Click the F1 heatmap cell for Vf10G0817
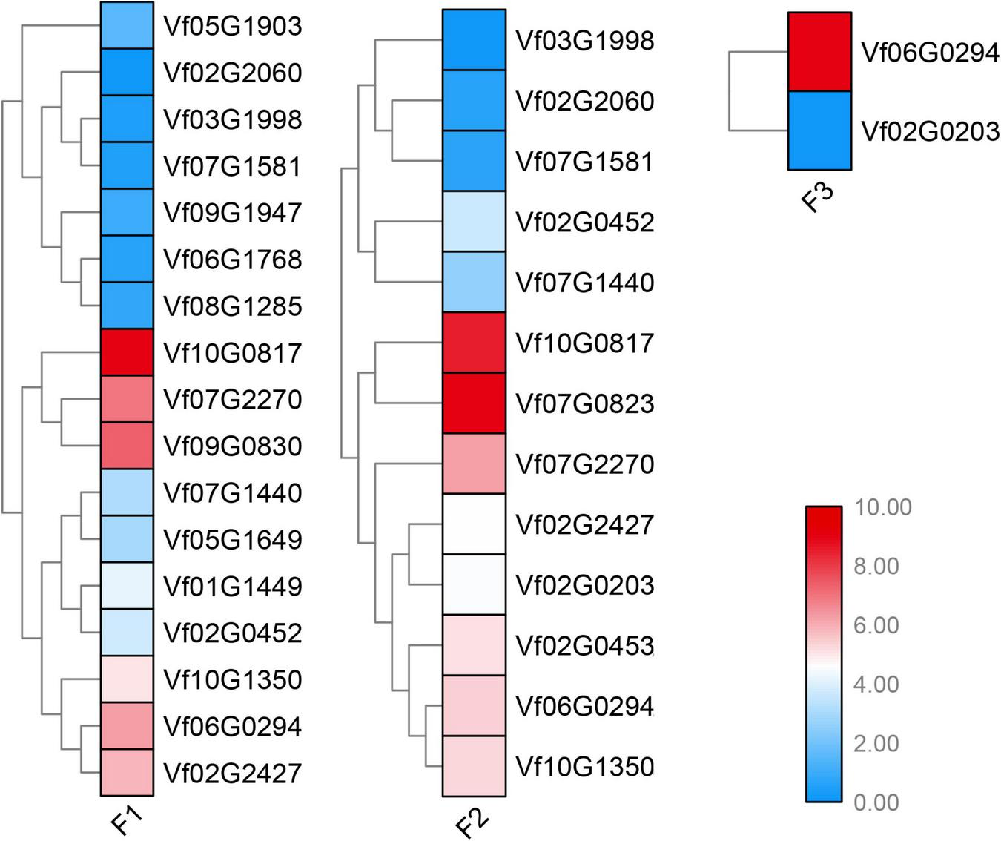pos(126,352)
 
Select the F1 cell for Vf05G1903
pos(126,26)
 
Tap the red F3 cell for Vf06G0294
pos(819,52)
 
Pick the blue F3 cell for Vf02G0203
pos(819,131)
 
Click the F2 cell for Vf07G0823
pos(474,403)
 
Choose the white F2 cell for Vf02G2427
pos(474,524)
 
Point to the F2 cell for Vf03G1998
pos(474,40)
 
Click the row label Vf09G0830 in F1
pos(232,446)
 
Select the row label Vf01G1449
pos(232,586)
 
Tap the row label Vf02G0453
pos(584,645)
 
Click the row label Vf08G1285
pos(232,306)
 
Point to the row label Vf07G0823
pos(584,403)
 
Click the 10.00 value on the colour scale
pos(882,507)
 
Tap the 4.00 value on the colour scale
pos(876,684)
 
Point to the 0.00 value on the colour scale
pos(876,802)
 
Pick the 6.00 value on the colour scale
pos(876,625)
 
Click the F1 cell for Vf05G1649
pos(126,539)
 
